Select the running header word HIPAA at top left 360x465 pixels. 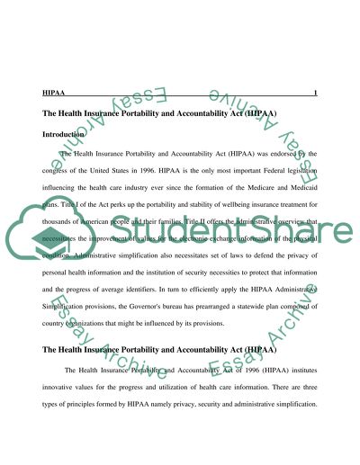(52, 93)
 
